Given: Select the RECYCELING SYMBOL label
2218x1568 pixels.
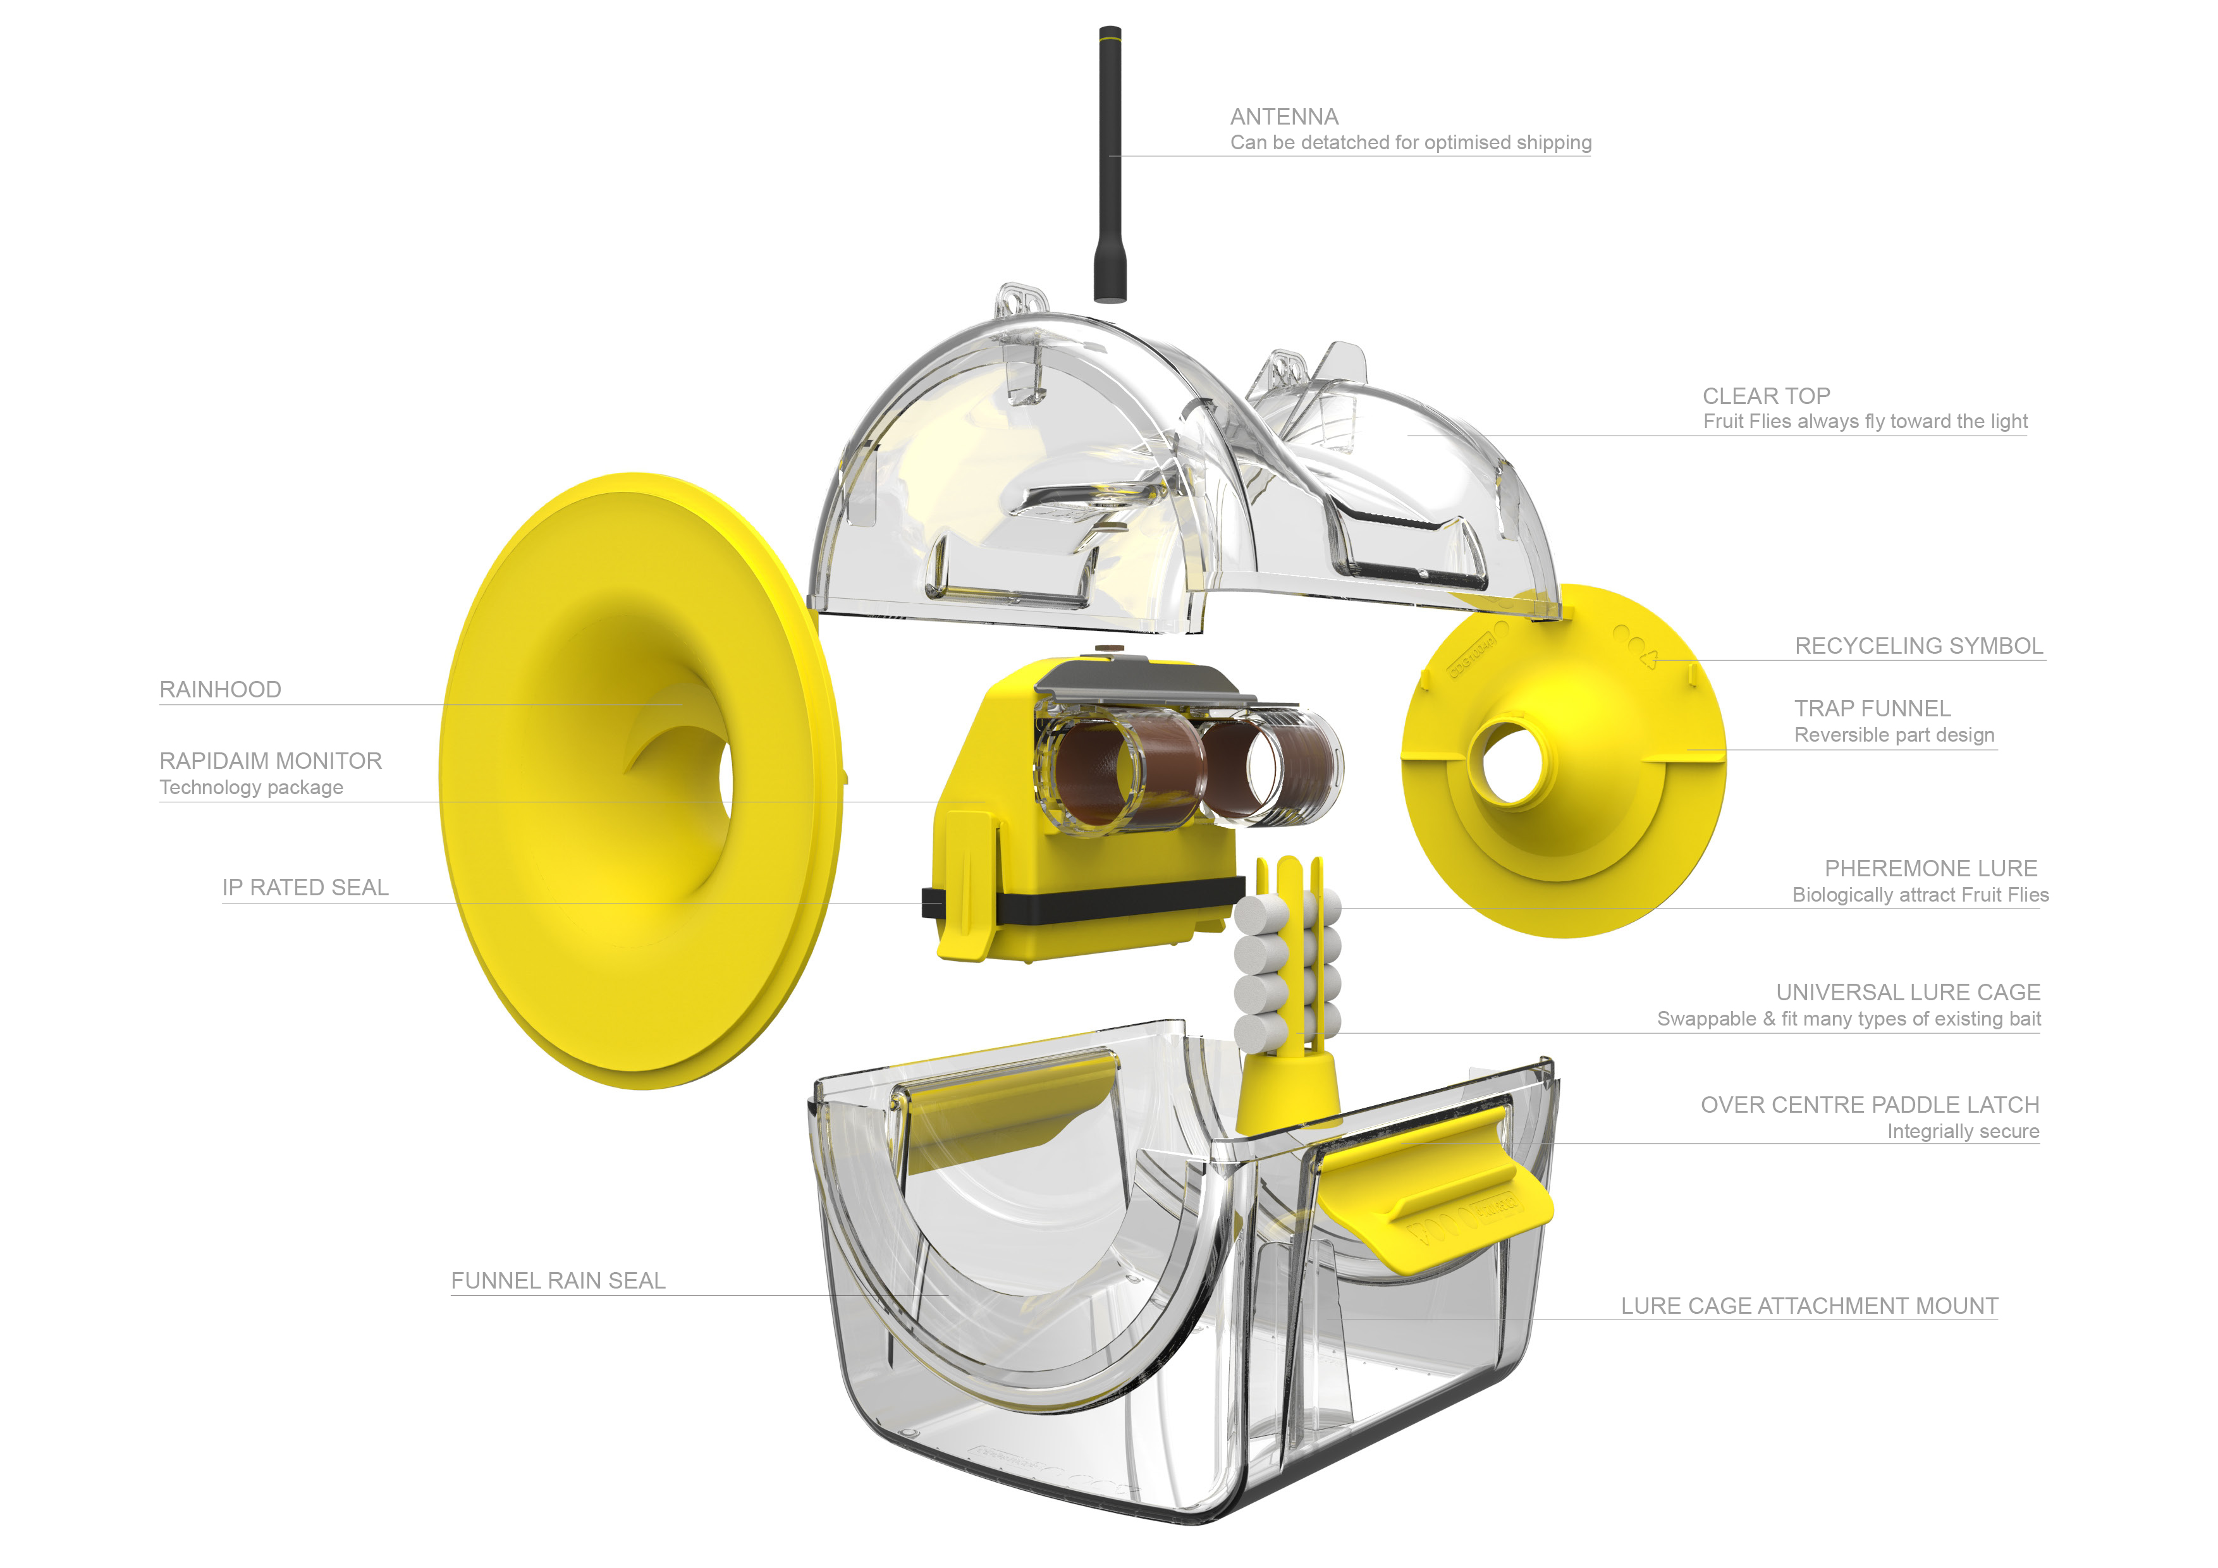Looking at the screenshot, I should point(1918,646).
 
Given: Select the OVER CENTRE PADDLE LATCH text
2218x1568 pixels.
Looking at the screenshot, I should point(1869,1105).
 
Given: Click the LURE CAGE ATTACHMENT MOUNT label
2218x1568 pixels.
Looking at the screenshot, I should point(1808,1306).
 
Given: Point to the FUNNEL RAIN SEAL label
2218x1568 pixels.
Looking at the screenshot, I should point(558,1281).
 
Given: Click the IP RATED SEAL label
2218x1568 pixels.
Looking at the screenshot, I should point(305,888).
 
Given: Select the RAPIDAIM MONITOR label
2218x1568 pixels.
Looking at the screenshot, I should point(271,761).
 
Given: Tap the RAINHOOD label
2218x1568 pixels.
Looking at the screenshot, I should point(220,690).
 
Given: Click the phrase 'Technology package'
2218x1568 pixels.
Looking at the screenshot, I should point(251,787).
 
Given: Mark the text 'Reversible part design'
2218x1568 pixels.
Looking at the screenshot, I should point(1894,735).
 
